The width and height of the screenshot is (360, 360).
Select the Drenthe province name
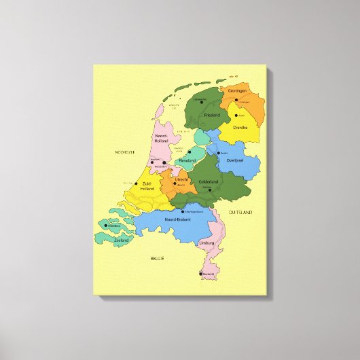click(x=240, y=127)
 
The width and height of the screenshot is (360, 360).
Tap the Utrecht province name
click(x=181, y=179)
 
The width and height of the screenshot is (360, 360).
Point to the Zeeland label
click(x=121, y=240)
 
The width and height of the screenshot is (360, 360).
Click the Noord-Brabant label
click(x=179, y=219)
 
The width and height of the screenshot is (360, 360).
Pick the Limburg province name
click(x=206, y=242)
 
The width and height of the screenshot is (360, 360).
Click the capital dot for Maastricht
click(x=201, y=274)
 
